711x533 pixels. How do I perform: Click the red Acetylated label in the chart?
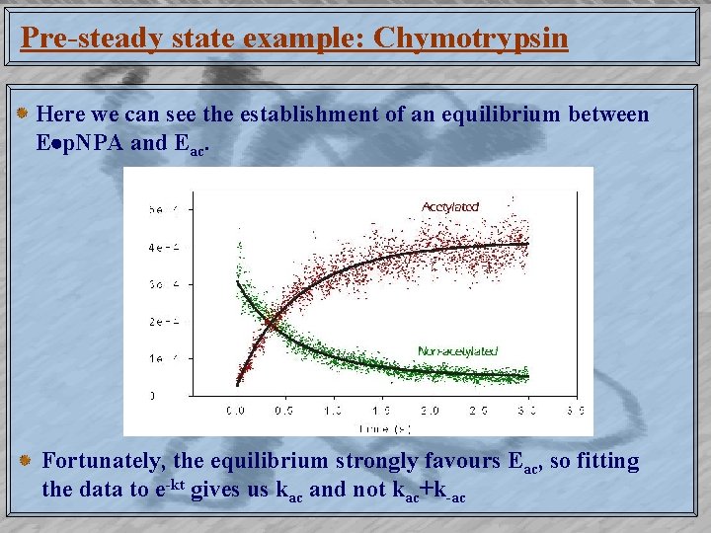click(449, 206)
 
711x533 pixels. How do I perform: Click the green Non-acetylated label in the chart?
click(457, 350)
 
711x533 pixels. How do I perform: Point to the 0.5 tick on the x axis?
click(284, 409)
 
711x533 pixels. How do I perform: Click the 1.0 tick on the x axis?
click(333, 409)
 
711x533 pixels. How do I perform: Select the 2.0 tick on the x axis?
click(430, 409)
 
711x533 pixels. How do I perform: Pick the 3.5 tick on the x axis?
click(576, 409)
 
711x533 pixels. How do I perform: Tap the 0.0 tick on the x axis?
click(236, 409)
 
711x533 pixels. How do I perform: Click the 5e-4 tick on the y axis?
click(157, 210)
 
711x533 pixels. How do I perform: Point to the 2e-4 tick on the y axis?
click(157, 322)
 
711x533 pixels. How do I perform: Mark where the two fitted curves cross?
click(269, 321)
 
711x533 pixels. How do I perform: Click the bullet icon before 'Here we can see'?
click(24, 115)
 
